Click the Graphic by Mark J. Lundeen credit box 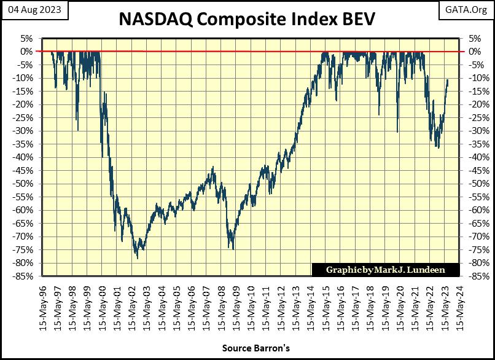coord(377,270)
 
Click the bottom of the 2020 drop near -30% coord(397,131)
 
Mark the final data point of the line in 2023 coord(448,79)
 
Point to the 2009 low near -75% coord(233,249)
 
